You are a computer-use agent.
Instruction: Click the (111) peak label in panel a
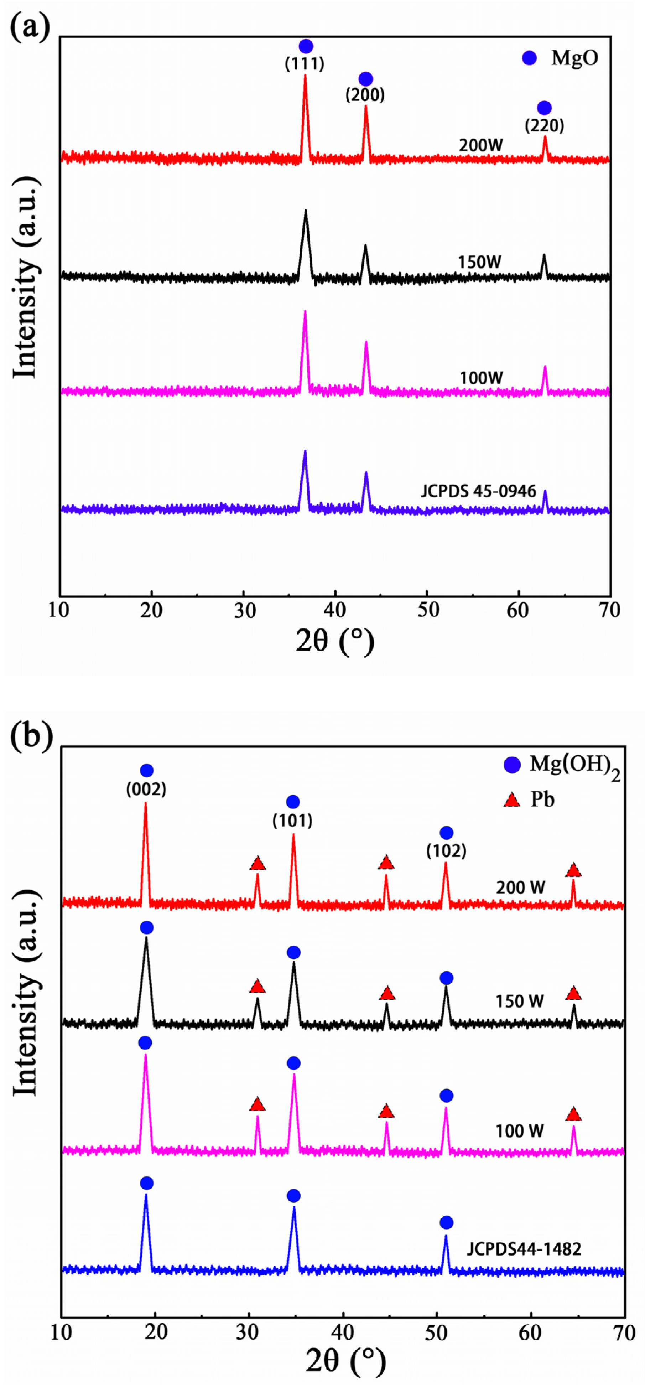point(305,64)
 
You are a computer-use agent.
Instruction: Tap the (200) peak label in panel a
point(365,95)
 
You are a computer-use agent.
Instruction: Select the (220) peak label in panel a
point(544,126)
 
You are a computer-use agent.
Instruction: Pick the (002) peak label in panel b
point(146,790)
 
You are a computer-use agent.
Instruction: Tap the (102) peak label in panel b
point(446,851)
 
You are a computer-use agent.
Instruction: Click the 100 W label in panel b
point(520,1131)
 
